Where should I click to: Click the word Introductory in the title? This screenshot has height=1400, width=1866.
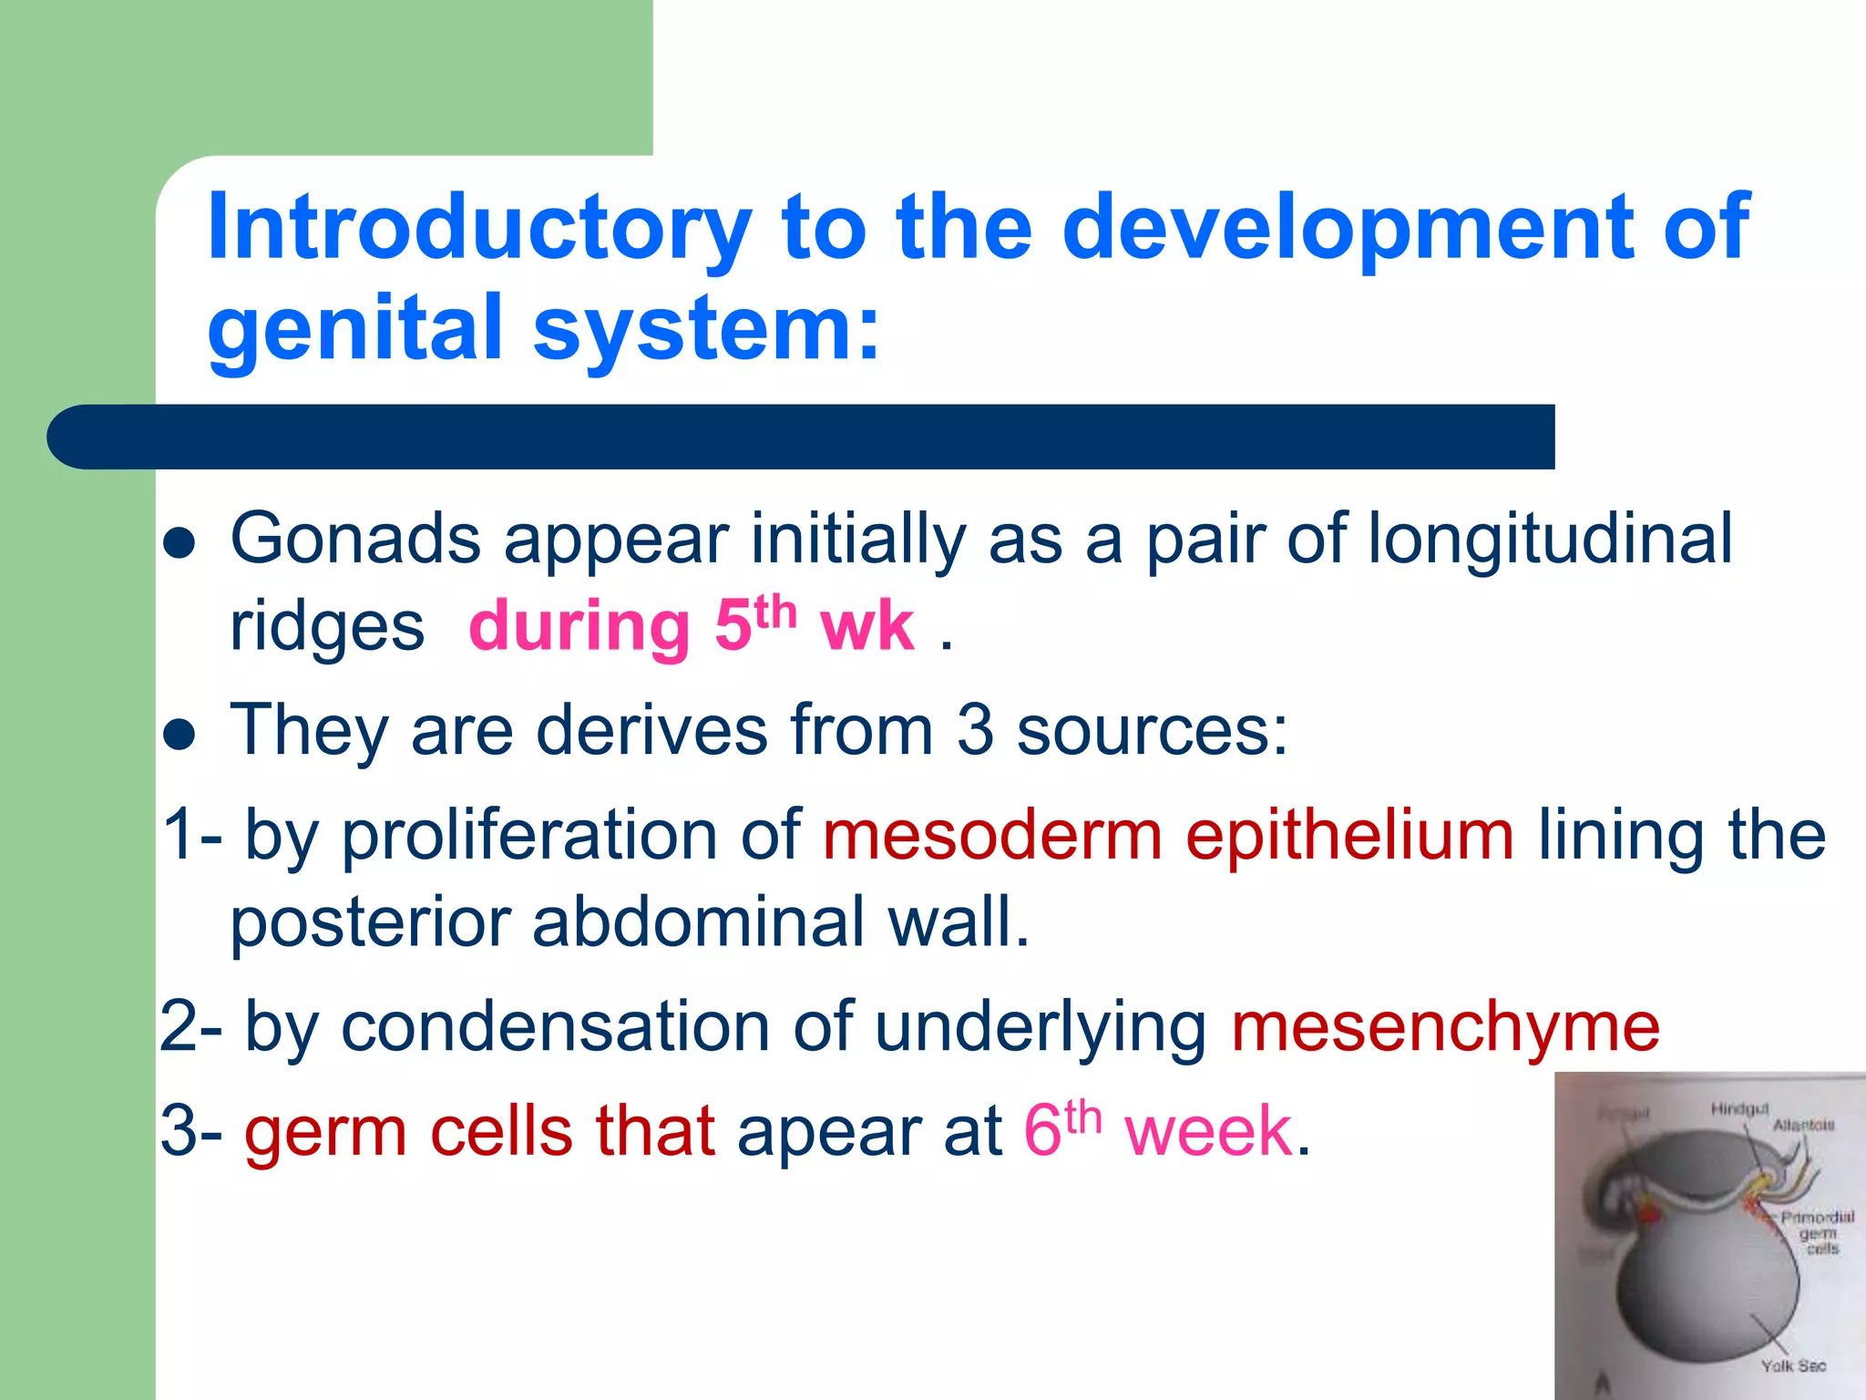pos(479,228)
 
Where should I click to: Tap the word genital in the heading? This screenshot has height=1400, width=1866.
pos(355,328)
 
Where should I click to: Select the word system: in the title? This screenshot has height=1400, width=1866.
pos(707,328)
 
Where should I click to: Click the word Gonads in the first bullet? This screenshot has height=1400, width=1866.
pos(355,540)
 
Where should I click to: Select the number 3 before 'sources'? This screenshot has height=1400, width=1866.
pos(975,731)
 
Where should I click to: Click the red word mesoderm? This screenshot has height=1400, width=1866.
pos(992,836)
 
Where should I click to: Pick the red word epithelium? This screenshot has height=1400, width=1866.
pos(1349,836)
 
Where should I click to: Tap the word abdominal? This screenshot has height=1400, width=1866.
pos(698,922)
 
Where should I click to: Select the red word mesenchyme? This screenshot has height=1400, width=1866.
pos(1445,1027)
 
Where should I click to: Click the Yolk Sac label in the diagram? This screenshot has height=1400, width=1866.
pos(1792,1366)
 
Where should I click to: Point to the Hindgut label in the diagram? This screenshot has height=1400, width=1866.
pos(1739,1109)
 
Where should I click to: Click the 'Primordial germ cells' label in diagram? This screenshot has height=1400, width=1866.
pos(1818,1232)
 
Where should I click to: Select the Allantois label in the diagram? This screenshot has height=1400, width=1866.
pos(1803,1126)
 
